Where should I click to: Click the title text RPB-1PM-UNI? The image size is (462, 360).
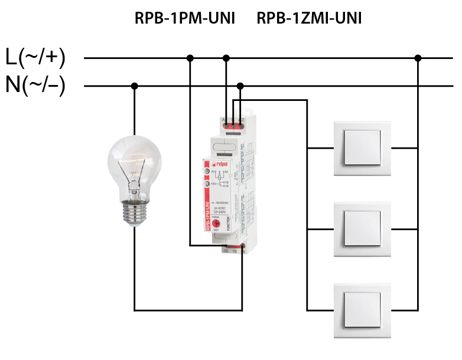pos(185,19)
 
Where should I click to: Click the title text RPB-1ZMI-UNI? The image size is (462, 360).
pos(309,19)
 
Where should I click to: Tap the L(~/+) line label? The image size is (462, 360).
pos(35,58)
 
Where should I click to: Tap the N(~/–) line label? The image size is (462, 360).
pos(35,86)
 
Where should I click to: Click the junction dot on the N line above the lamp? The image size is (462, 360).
pos(134,86)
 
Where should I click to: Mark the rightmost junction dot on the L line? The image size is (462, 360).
pos(418,58)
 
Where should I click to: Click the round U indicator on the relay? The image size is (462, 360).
pos(207,171)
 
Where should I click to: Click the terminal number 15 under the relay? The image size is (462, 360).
pos(225,251)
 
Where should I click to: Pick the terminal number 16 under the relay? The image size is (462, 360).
pos(234,251)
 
